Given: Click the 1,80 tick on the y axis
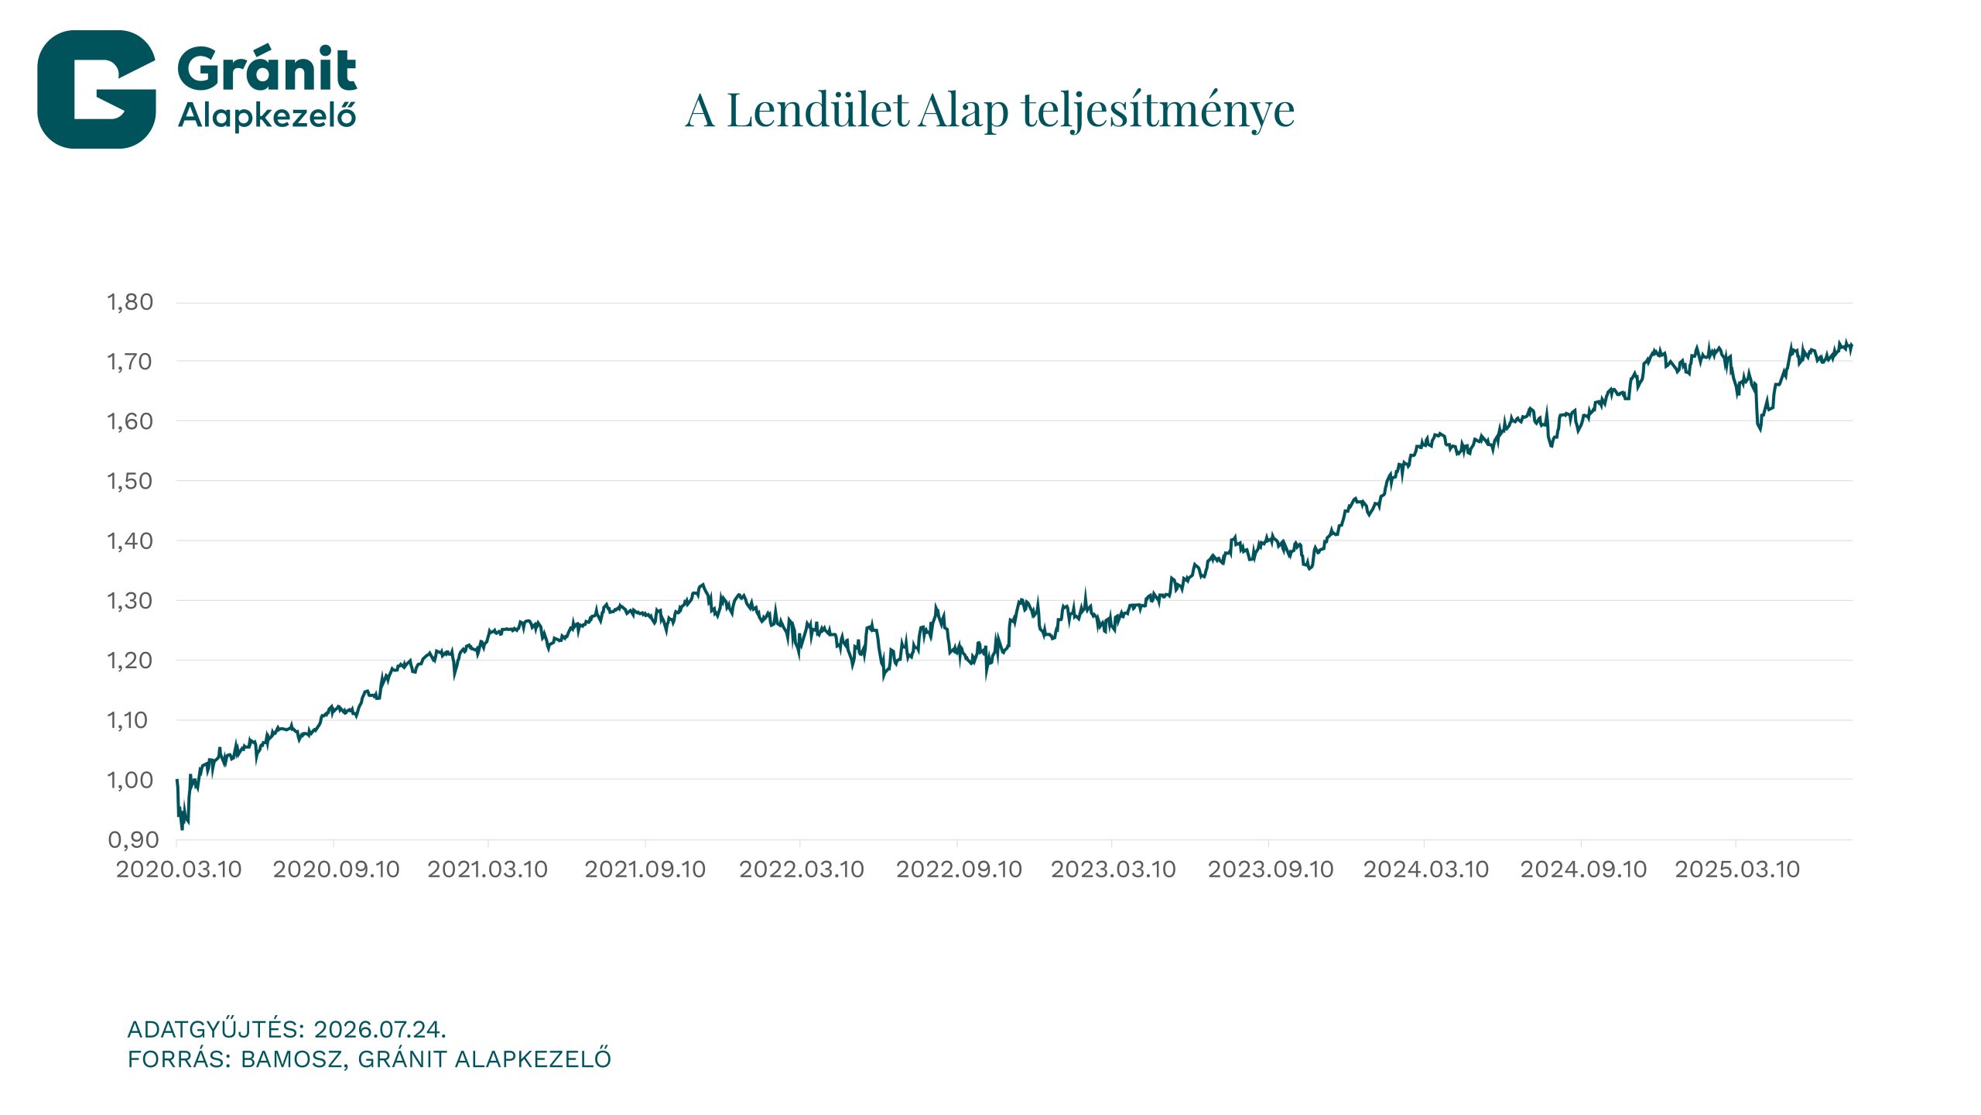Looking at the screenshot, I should pos(130,302).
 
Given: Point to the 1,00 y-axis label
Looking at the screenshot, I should pos(130,780).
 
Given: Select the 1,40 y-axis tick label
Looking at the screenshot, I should pos(130,540).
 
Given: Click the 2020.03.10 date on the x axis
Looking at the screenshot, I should pos(179,870).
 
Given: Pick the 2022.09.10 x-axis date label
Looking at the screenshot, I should pos(959,870).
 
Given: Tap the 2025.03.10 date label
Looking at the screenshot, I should pos(1737,870).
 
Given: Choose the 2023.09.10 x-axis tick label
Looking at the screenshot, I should pos(1271,870).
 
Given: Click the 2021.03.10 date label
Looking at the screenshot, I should pos(488,870).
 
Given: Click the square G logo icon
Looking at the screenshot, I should pos(97,89).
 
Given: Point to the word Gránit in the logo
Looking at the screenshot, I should pos(267,69).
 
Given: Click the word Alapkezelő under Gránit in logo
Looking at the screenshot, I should pos(267,116).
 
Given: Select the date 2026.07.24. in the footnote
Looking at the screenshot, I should pos(380,1029).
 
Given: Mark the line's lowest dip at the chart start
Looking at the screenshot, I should pos(183,829).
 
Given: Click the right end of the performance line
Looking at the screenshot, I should pos(1852,346).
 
